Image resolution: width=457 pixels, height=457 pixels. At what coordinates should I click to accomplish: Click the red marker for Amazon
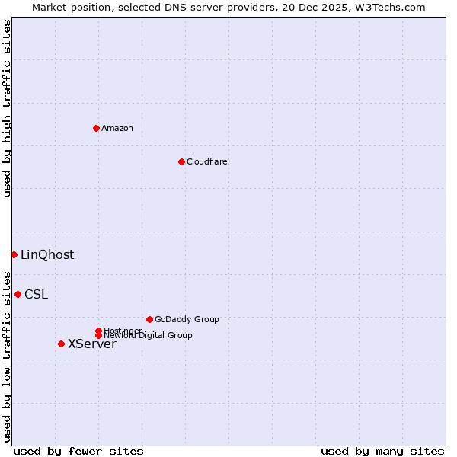click(x=96, y=128)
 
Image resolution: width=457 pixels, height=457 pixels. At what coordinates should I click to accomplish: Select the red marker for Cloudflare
click(x=181, y=161)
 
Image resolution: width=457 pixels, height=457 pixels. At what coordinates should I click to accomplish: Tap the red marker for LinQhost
click(x=14, y=254)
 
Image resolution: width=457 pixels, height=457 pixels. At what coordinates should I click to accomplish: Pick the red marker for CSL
click(x=18, y=294)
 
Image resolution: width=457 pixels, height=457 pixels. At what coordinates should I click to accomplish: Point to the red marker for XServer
click(x=61, y=344)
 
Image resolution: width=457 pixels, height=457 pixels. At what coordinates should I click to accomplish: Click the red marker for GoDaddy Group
click(x=149, y=319)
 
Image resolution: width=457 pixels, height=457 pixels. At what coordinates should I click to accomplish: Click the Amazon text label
click(x=117, y=128)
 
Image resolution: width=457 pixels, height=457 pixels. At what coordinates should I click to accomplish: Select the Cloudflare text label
click(x=206, y=161)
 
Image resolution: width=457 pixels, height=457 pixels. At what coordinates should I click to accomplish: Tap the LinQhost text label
click(x=47, y=254)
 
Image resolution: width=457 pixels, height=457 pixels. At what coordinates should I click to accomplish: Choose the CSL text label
click(x=36, y=294)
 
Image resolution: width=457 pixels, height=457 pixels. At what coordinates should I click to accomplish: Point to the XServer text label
click(x=92, y=344)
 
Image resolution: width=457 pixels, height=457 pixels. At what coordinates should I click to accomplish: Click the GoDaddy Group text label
click(x=187, y=319)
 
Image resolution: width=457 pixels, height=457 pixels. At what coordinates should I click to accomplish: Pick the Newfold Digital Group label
click(x=149, y=335)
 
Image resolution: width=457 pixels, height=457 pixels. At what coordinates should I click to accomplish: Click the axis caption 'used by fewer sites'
click(x=78, y=451)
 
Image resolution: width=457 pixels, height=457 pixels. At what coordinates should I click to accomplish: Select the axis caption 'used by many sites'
click(x=382, y=451)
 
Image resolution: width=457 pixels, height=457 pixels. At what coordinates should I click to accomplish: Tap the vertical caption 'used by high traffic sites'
click(x=7, y=109)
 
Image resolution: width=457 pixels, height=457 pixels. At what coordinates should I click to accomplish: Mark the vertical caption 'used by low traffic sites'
click(x=7, y=356)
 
